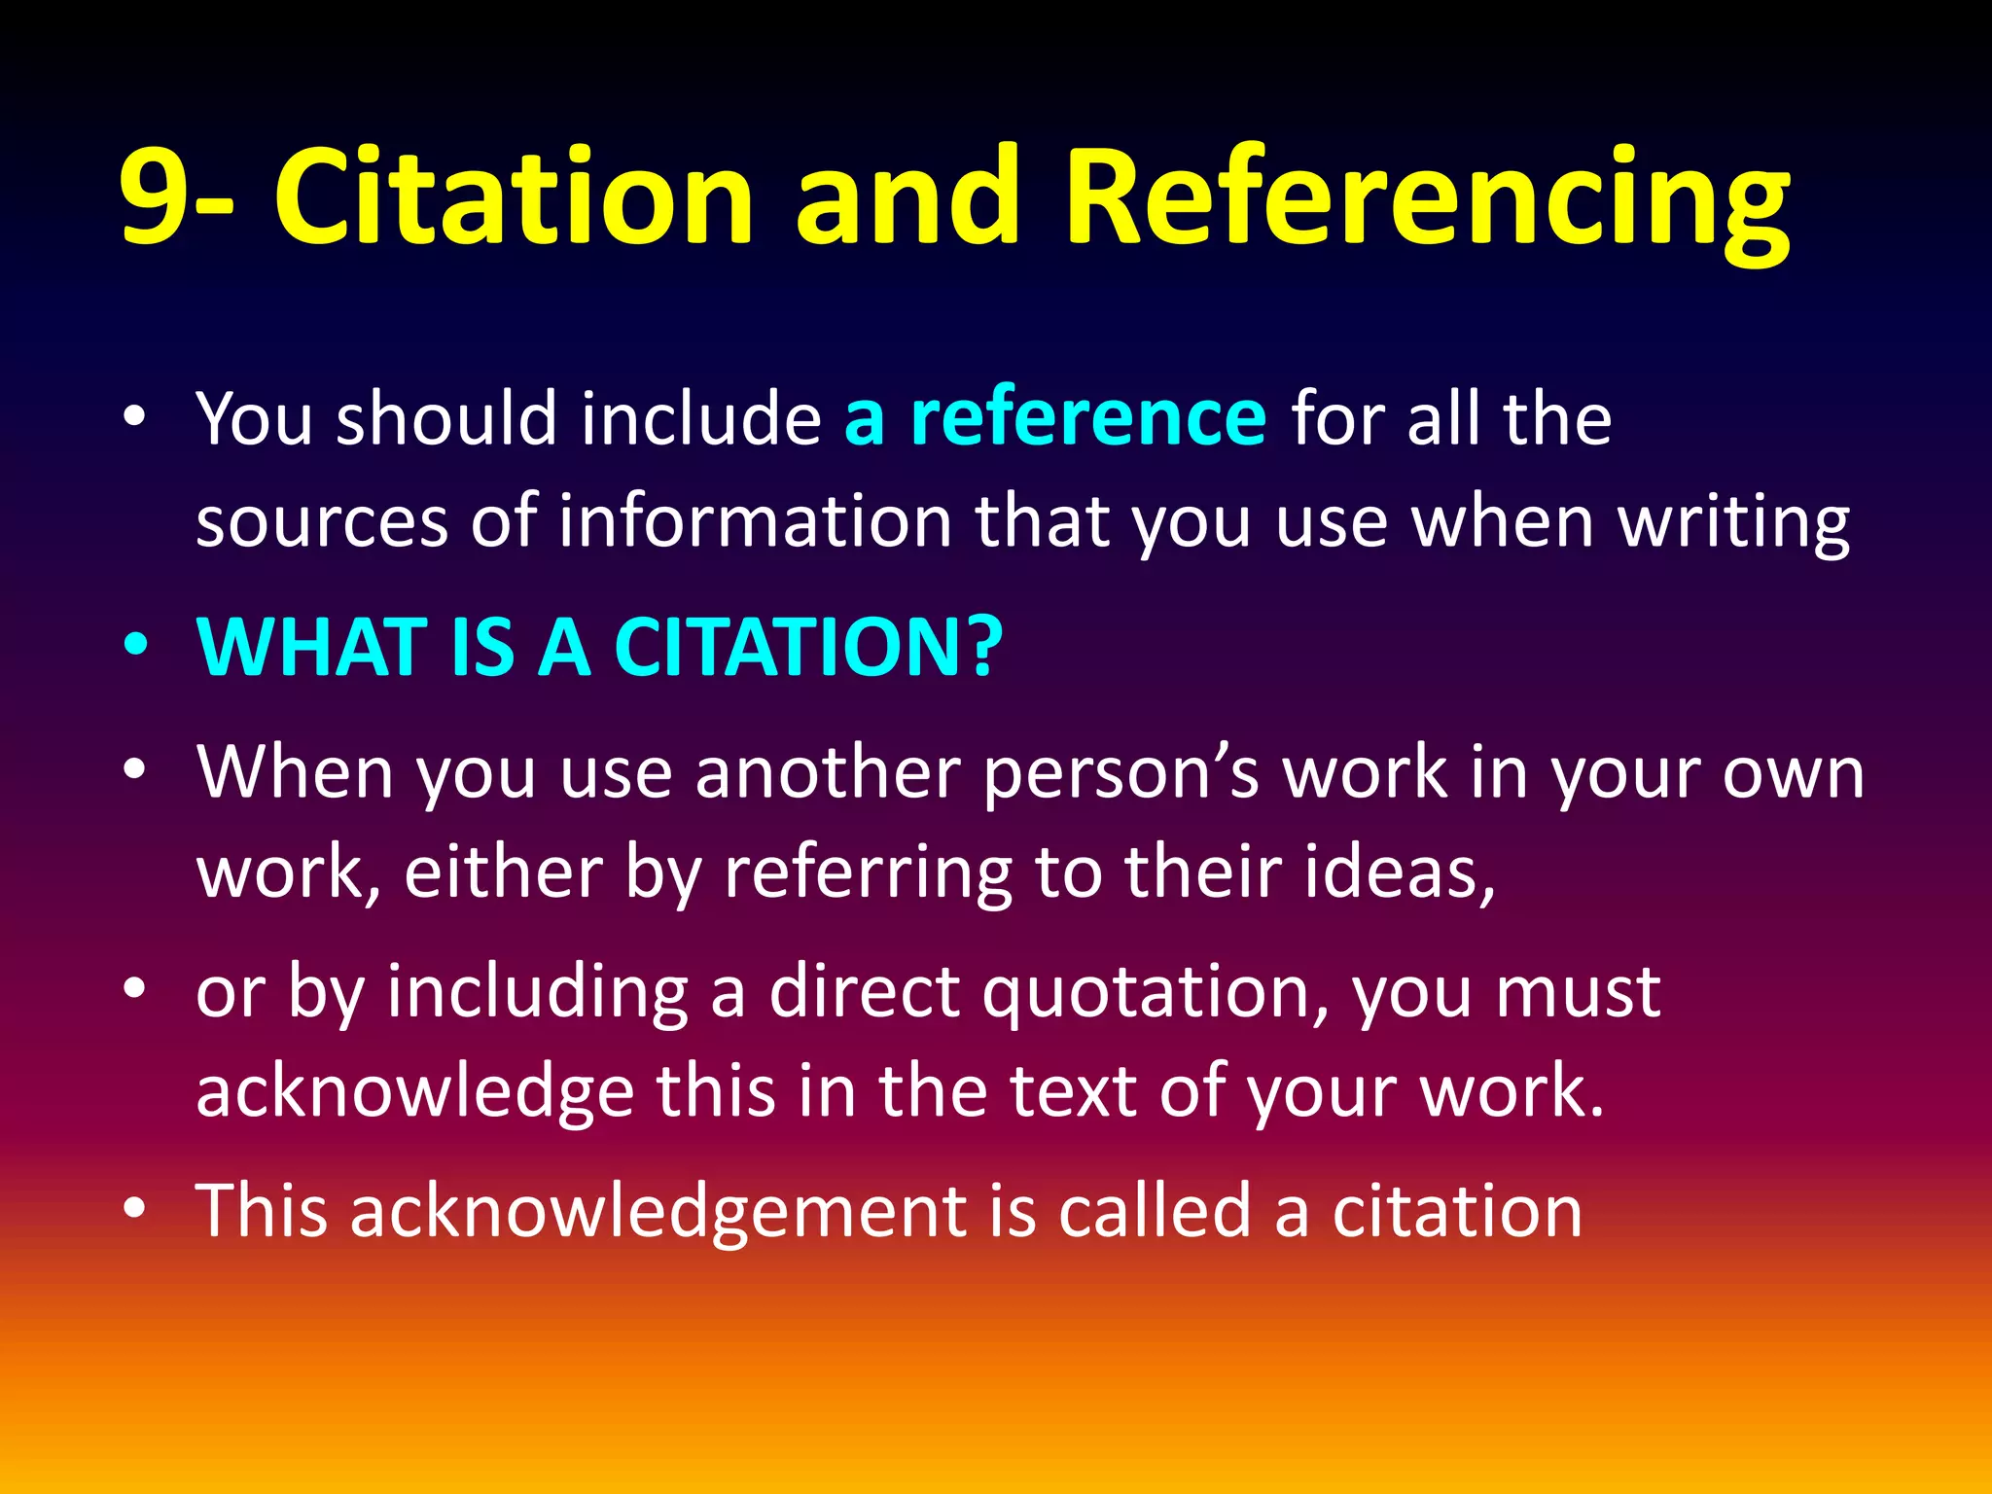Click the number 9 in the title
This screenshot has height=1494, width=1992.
(x=156, y=197)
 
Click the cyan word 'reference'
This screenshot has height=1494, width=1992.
(x=1087, y=418)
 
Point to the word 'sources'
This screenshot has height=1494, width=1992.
(x=321, y=522)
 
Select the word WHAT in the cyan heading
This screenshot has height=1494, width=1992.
(x=312, y=647)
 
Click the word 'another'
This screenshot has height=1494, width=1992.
(x=828, y=773)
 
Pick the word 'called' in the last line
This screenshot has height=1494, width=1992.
(x=1154, y=1210)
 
